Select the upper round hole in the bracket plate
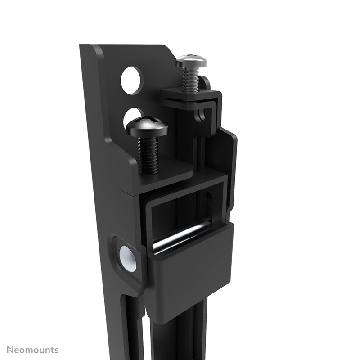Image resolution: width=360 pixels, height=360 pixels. (x=131, y=80)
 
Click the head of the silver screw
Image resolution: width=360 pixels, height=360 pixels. (x=191, y=61)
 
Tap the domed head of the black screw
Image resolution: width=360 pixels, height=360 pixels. (x=147, y=126)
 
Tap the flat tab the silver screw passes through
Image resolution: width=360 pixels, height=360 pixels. (x=189, y=97)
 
